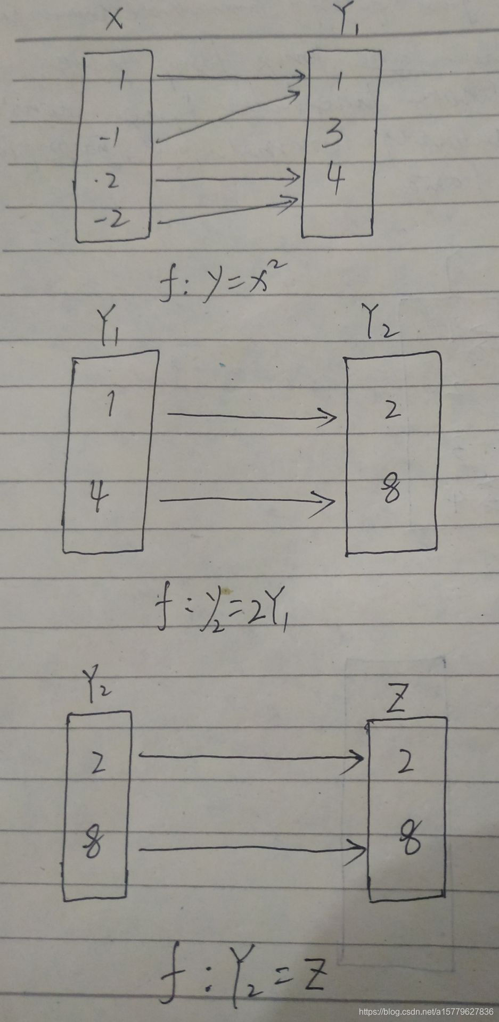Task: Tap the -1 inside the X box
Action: pos(111,138)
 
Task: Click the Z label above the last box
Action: pos(397,703)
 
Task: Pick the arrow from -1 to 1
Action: pos(226,117)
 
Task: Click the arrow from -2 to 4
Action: pos(226,211)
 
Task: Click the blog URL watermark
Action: pos(426,1011)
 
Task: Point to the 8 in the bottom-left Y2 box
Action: pos(94,842)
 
